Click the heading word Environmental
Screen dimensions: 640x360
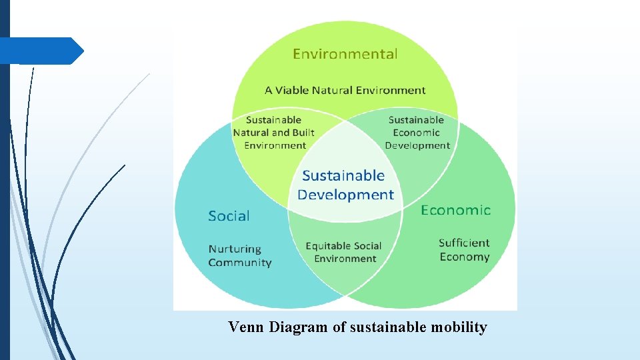[x=345, y=54]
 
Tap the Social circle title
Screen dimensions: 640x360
[x=229, y=216]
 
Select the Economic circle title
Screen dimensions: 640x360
[x=455, y=210]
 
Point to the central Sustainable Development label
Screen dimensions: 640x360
[x=345, y=185]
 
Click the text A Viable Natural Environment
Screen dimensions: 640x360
[x=345, y=90]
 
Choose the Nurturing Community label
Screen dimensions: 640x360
[x=240, y=256]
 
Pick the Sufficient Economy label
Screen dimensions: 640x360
[x=464, y=250]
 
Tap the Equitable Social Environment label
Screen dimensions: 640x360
[x=344, y=252]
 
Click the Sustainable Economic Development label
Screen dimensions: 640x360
[x=417, y=133]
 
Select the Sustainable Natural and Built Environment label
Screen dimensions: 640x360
[x=273, y=133]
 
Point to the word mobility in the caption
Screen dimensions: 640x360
[x=459, y=327]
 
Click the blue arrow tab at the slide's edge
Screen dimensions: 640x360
[x=41, y=51]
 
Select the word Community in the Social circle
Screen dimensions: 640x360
[x=240, y=263]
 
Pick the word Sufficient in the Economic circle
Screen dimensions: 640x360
[x=464, y=243]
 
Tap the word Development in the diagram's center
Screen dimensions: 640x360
[x=345, y=195]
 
